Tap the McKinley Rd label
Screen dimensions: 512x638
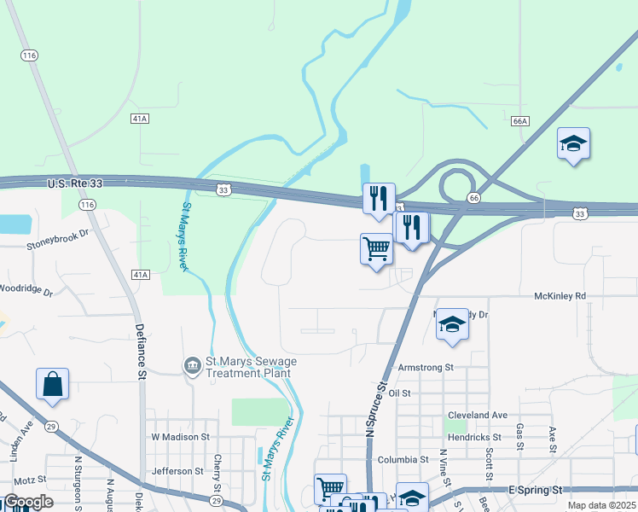pyautogui.click(x=560, y=296)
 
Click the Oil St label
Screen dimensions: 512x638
pyautogui.click(x=399, y=393)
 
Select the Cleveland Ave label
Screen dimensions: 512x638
pyautogui.click(x=477, y=416)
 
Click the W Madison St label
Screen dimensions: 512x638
pyautogui.click(x=180, y=437)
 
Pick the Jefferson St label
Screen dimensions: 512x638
pyautogui.click(x=177, y=471)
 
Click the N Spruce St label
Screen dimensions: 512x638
pyautogui.click(x=372, y=410)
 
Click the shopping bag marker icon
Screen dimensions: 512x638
pyautogui.click(x=52, y=383)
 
